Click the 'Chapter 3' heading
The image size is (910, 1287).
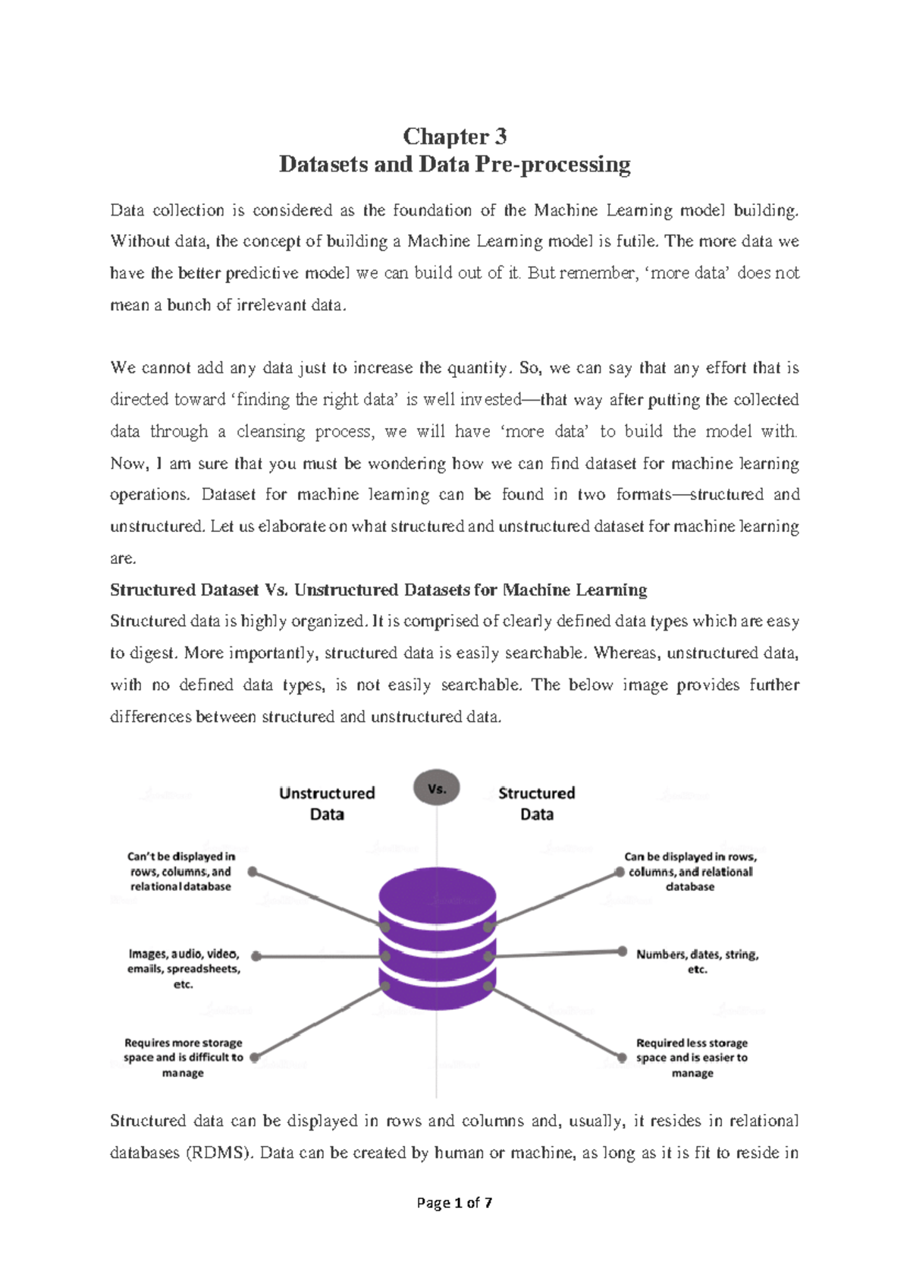(x=454, y=137)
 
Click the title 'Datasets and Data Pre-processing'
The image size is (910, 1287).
(x=454, y=165)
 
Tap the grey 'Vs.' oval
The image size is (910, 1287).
(x=437, y=788)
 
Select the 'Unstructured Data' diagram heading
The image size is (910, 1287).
(x=327, y=804)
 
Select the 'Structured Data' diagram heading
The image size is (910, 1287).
(x=536, y=804)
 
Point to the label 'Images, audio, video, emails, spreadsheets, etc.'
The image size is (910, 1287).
(x=184, y=969)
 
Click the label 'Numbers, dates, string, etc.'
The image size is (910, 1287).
(x=697, y=961)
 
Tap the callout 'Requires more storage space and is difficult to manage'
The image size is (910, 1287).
(x=184, y=1057)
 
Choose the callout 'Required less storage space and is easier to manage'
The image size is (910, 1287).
(x=692, y=1057)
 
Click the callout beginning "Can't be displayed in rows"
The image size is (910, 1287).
(x=181, y=871)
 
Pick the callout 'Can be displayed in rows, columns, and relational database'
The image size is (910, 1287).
(x=690, y=871)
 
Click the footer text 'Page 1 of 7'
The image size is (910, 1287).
(x=454, y=1203)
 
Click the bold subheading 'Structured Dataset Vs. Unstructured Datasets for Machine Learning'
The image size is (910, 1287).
(x=378, y=590)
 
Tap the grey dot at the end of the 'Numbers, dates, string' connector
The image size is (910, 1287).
(x=622, y=952)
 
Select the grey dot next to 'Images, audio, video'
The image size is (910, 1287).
(x=256, y=956)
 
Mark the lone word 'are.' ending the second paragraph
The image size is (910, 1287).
(x=123, y=559)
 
